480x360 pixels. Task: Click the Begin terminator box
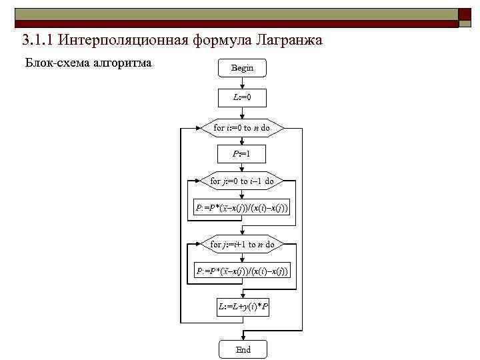(x=243, y=68)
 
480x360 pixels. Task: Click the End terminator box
(x=243, y=349)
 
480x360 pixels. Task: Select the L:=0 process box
(x=243, y=98)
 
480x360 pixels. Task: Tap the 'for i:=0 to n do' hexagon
(x=243, y=127)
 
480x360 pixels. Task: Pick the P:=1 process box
(x=243, y=154)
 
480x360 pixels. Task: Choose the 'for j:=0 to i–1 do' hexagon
(x=243, y=181)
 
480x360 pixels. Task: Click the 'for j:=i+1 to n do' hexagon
(x=243, y=244)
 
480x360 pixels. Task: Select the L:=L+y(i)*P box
(x=243, y=307)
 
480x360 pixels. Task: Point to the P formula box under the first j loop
(x=243, y=209)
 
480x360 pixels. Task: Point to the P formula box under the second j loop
(x=243, y=271)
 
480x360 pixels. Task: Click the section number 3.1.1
(x=37, y=41)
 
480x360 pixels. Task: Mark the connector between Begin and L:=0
(x=243, y=83)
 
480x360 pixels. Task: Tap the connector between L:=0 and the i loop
(x=243, y=113)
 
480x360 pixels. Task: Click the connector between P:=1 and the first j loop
(x=243, y=167)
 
